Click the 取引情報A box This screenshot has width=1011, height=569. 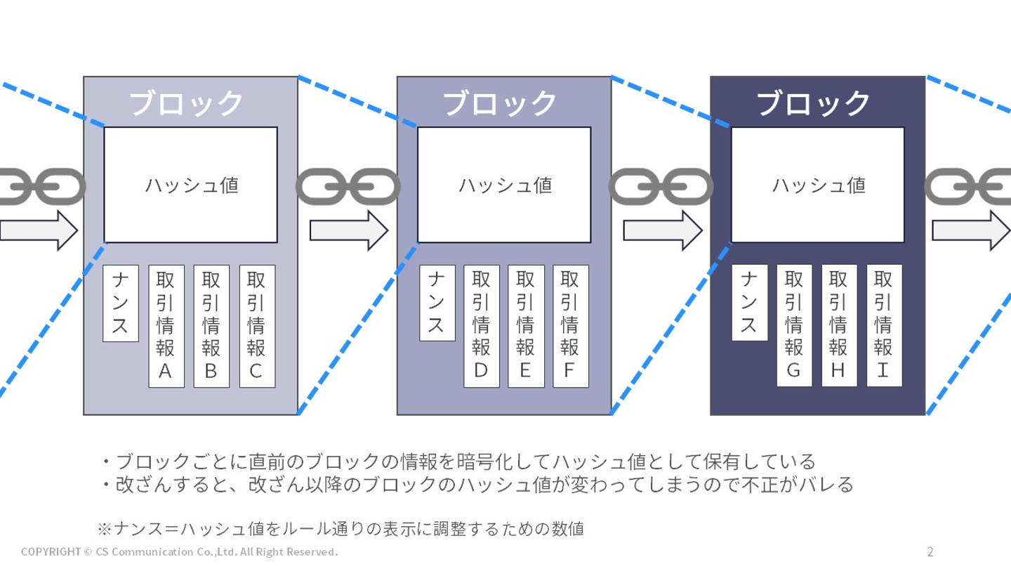pyautogui.click(x=166, y=326)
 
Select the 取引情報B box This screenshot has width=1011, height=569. pyautogui.click(x=211, y=326)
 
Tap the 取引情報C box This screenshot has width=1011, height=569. pyautogui.click(x=256, y=326)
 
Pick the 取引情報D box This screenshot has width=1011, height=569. pyautogui.click(x=481, y=326)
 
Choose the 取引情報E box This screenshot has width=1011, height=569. pyautogui.click(x=525, y=326)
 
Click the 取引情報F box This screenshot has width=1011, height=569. pyautogui.click(x=570, y=326)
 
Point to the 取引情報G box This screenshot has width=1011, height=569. pyautogui.click(x=794, y=326)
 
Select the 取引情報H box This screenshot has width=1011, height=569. pyautogui.click(x=839, y=326)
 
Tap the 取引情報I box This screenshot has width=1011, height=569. pyautogui.click(x=884, y=326)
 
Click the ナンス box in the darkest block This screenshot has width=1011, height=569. pyautogui.click(x=749, y=303)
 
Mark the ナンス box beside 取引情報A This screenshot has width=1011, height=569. pyautogui.click(x=121, y=303)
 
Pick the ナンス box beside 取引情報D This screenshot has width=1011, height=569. pyautogui.click(x=437, y=303)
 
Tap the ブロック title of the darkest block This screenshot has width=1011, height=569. pyautogui.click(x=814, y=103)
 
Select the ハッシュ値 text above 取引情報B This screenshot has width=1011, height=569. pyautogui.click(x=192, y=185)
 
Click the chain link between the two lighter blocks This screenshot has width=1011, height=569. pyautogui.click(x=348, y=185)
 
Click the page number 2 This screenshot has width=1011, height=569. pyautogui.click(x=930, y=551)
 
